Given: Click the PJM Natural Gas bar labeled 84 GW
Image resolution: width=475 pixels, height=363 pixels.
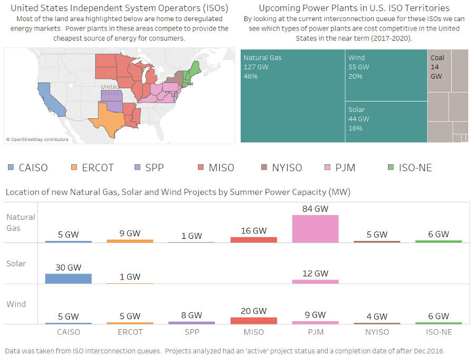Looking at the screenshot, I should tap(315, 228).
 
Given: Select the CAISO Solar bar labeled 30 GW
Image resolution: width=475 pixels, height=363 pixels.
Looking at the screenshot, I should tap(68, 278).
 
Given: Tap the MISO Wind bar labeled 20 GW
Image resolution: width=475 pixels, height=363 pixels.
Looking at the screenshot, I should tap(253, 320).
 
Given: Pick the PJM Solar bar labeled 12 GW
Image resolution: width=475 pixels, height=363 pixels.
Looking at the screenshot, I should tap(315, 282).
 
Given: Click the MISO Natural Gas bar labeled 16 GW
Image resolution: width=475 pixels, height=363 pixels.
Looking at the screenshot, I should tap(253, 239).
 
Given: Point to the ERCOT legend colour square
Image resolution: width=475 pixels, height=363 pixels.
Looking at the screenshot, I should tap(73, 168).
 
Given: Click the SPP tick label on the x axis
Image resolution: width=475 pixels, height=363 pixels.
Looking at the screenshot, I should tap(192, 332).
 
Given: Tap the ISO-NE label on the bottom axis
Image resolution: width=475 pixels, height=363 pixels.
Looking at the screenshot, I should tap(438, 332).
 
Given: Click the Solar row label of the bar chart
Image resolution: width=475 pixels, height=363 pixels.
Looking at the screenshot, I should tap(16, 264).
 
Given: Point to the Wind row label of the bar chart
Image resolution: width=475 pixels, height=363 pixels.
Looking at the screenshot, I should tap(16, 304).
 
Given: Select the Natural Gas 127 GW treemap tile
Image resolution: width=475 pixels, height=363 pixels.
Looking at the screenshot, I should tap(292, 96).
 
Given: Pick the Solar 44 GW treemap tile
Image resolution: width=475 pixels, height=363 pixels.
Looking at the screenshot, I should tap(386, 122).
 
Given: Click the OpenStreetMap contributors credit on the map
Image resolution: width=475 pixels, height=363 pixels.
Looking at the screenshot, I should tap(37, 139).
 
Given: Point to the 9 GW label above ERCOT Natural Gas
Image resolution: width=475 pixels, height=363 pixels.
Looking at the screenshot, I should tap(130, 233).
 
